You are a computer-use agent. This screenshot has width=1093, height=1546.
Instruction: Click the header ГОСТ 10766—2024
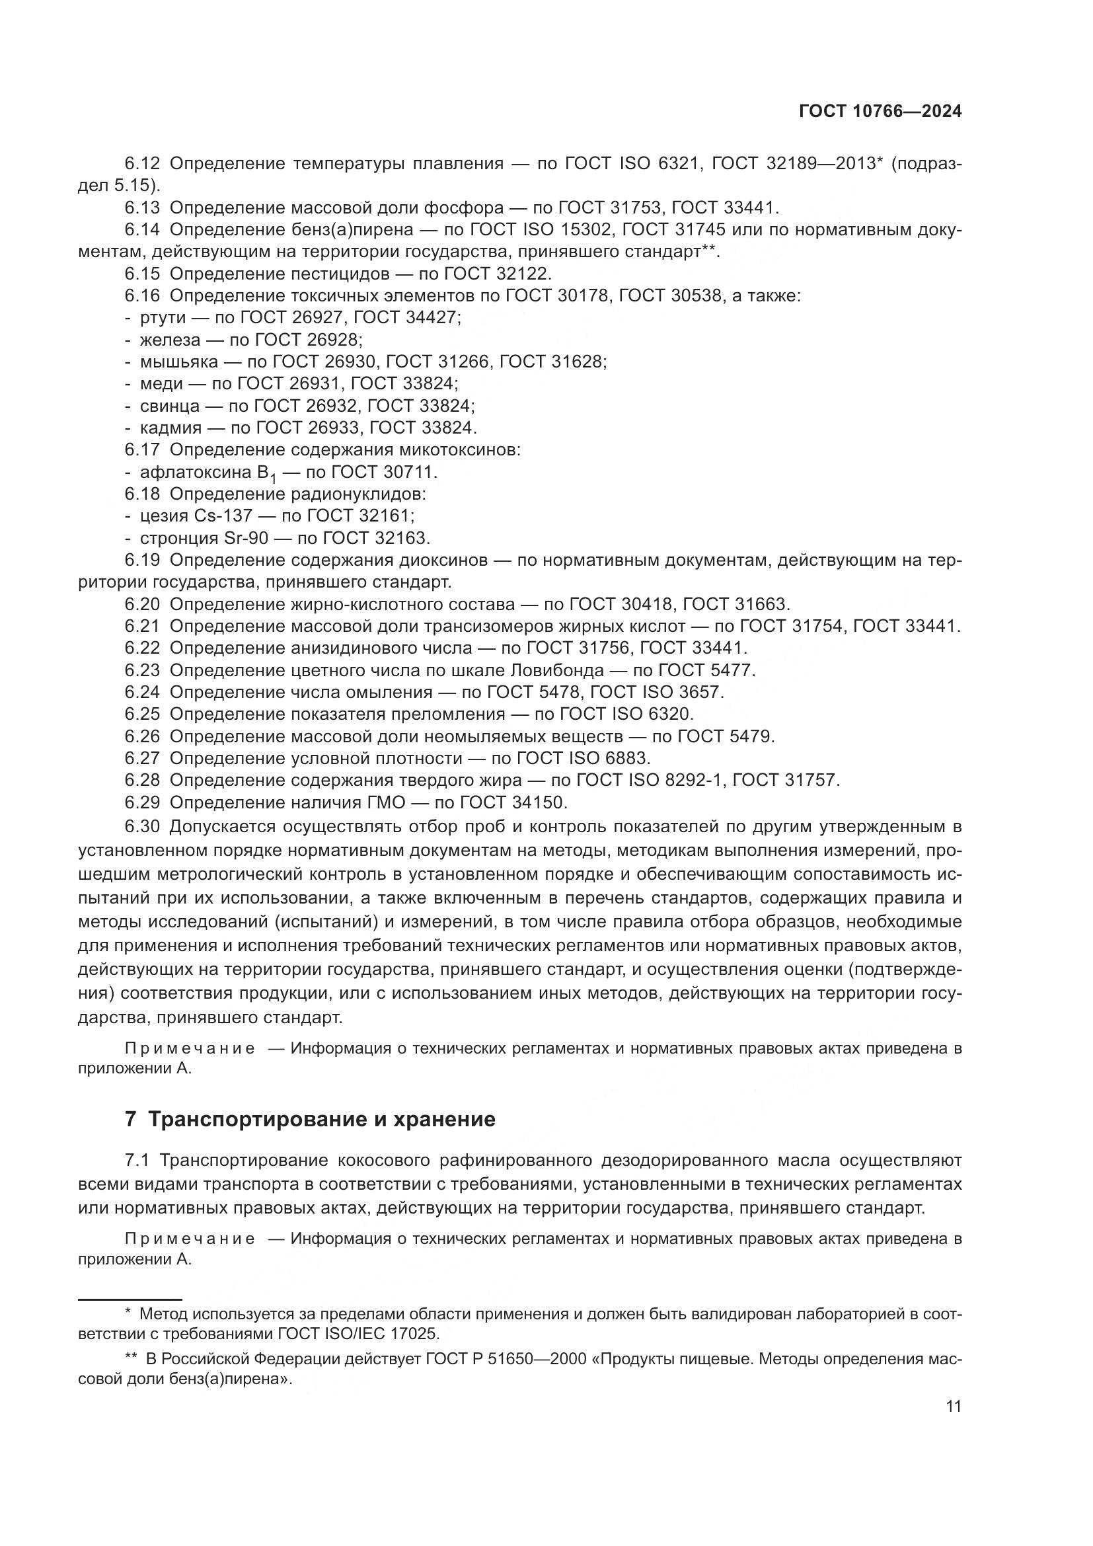[880, 112]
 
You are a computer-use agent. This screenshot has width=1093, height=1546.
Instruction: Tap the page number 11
[953, 1407]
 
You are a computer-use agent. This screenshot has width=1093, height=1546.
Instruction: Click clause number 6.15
[142, 274]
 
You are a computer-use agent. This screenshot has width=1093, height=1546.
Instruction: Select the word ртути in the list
[162, 318]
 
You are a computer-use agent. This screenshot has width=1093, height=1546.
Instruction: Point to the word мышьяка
[179, 362]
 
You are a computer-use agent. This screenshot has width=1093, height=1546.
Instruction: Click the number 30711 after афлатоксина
[409, 473]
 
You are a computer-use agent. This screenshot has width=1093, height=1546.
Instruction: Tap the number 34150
[540, 802]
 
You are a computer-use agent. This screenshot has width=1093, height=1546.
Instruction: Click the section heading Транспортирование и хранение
[321, 1119]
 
